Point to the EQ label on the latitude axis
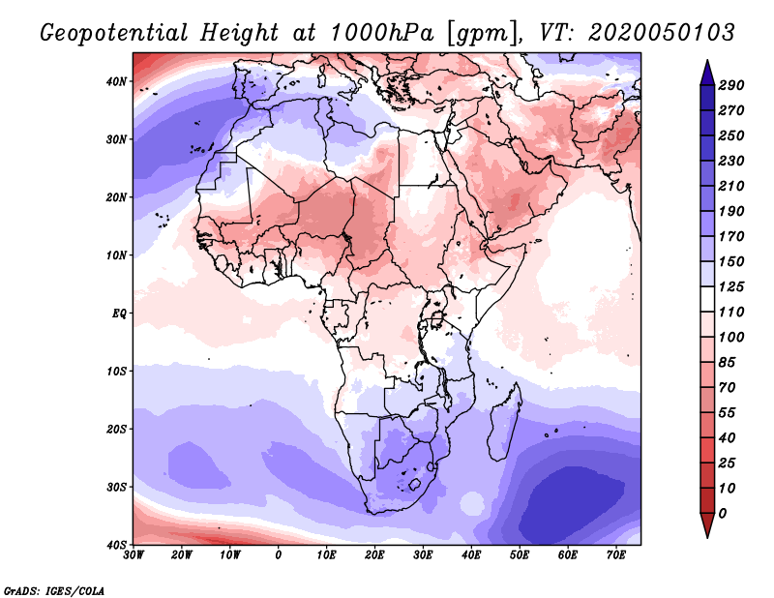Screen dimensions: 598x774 [119, 313]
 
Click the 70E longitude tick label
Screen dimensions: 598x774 [615, 555]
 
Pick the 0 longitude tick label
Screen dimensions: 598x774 [279, 555]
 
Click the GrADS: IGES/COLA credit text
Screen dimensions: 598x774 [54, 589]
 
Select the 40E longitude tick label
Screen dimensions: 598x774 [471, 555]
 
